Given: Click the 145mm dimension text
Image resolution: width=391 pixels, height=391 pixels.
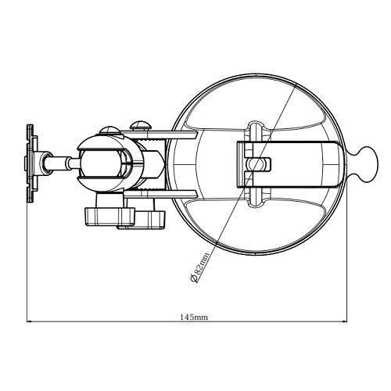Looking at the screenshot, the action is click(x=194, y=317).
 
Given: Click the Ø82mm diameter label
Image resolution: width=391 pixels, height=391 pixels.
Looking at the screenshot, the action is click(x=199, y=267).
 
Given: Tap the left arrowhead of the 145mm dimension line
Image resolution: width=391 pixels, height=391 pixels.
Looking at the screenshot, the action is click(x=29, y=322).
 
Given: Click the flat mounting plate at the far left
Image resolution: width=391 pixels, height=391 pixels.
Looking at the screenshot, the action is click(x=31, y=163).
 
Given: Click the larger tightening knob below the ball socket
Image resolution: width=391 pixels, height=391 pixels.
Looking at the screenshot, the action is click(x=109, y=216).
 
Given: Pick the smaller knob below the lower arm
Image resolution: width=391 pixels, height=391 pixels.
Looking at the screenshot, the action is click(x=147, y=220).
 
